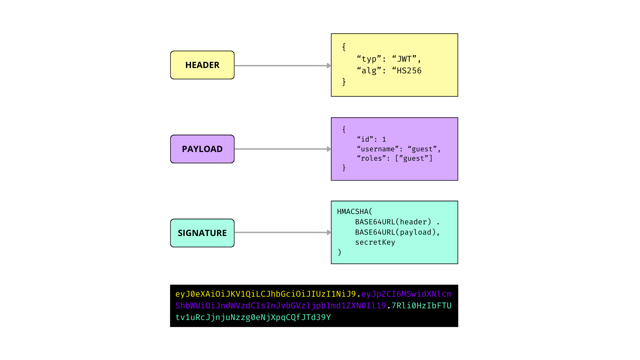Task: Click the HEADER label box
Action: pos(202,65)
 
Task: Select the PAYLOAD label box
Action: pos(202,149)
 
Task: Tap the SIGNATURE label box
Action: pos(202,233)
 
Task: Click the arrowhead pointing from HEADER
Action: pos(329,66)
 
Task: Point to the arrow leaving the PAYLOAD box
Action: pos(283,149)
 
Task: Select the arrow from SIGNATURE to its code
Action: pos(283,232)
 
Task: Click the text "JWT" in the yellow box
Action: pos(404,59)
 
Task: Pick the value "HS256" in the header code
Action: pos(409,71)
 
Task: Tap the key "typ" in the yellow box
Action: pos(369,59)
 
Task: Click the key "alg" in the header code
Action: pos(369,71)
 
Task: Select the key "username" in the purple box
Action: pos(378,149)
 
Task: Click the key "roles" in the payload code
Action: pos(371,158)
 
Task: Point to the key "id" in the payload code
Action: pos(365,139)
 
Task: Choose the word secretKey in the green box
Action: pos(375,242)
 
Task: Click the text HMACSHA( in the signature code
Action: pos(355,212)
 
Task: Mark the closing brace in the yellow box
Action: pos(344,82)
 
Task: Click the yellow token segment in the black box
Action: pos(266,294)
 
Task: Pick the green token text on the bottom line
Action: pos(253,317)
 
